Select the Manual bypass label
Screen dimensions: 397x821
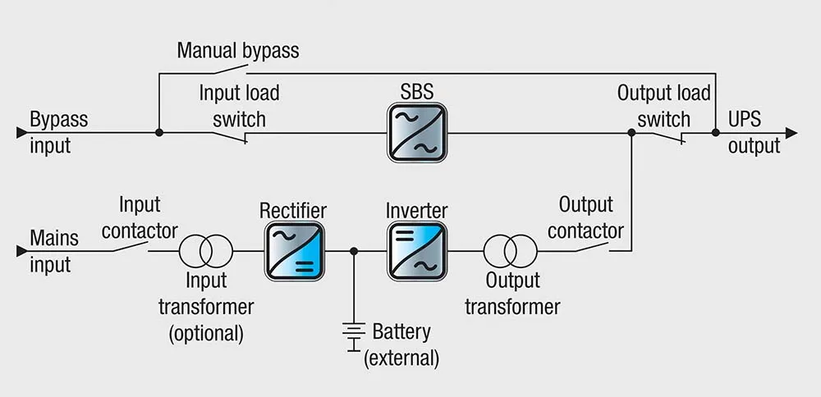coord(238,51)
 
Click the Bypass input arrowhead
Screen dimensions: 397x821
coord(21,131)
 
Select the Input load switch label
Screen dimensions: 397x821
coord(239,106)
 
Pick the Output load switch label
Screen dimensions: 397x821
coord(663,106)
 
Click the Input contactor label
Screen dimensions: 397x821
coord(140,217)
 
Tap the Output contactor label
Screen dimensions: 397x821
coord(586,217)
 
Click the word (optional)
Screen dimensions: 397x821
coord(206,334)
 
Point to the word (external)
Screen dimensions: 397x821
coord(401,358)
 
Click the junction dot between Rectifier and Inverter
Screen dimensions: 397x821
coord(354,251)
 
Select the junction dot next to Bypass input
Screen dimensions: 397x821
coord(158,131)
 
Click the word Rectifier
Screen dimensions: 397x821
coord(293,211)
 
